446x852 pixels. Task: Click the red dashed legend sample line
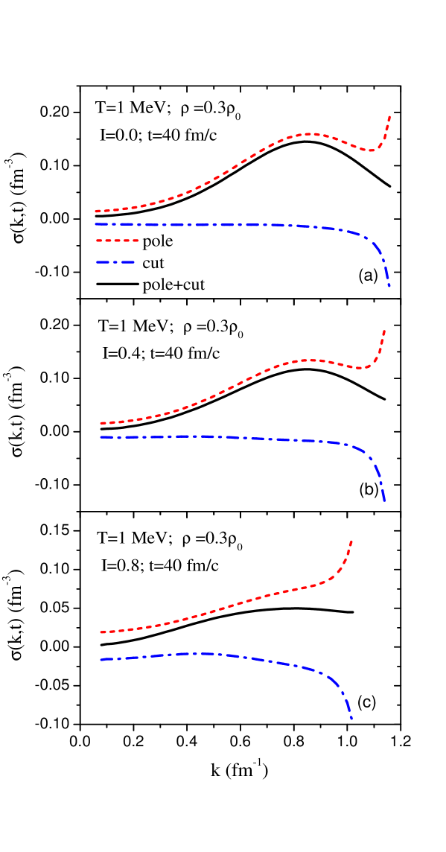point(117,241)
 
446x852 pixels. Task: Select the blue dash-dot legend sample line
point(115,262)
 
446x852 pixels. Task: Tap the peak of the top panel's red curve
point(309,134)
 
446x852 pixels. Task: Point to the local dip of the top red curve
point(372,150)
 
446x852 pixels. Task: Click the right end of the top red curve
point(390,116)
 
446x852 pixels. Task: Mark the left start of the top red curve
point(96,212)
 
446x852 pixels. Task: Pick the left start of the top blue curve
point(96,224)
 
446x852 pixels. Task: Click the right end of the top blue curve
point(389,286)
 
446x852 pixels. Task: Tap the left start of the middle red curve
point(101,423)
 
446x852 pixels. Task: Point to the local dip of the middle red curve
point(364,368)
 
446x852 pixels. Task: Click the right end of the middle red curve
point(384,331)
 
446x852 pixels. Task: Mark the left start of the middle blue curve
point(101,437)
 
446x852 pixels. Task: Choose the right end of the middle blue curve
point(384,500)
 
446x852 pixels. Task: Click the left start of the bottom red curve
point(101,632)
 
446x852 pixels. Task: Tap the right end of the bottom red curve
point(351,541)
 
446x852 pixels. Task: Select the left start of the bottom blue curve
point(101,660)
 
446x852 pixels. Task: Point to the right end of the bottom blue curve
point(351,719)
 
